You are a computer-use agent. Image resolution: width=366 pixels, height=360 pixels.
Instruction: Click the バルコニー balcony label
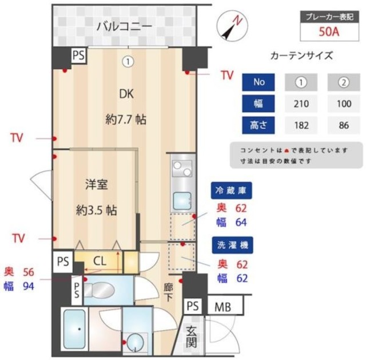124,25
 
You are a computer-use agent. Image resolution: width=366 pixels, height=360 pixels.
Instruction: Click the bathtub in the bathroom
74,330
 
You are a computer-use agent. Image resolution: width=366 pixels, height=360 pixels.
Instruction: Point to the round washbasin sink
136,342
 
